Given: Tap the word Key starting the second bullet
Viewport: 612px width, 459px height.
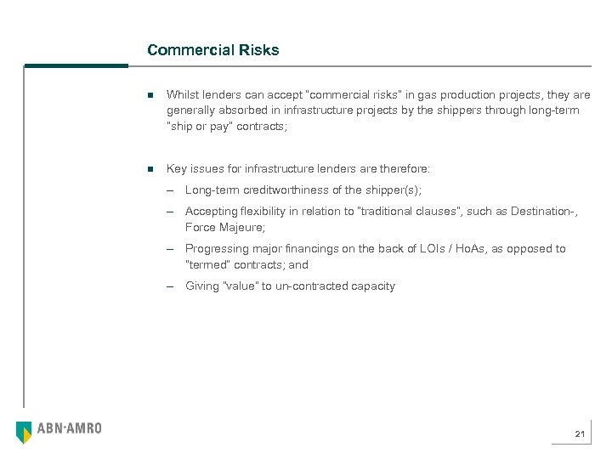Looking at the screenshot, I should click(177, 168).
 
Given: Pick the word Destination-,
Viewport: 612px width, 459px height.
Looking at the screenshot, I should click(544, 211).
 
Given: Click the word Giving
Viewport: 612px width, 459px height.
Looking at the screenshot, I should click(201, 286).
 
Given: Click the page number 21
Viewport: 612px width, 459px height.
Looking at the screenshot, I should click(580, 434).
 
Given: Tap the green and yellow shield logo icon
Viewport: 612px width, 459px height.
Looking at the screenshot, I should click(24, 432).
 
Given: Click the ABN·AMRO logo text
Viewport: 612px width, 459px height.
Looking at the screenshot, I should click(69, 428).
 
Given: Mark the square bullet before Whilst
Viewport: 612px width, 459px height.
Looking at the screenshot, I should click(150, 95).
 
